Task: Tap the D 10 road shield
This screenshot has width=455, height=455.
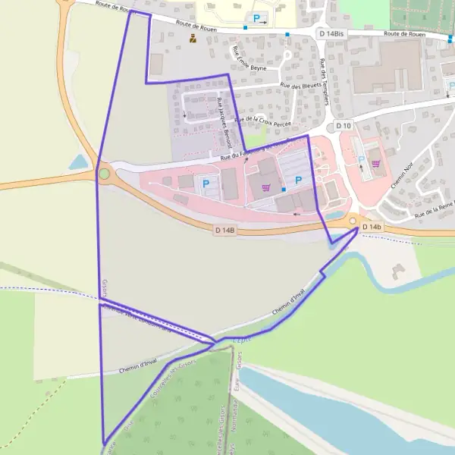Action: (344, 126)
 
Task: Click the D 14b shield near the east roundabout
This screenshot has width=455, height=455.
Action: (372, 227)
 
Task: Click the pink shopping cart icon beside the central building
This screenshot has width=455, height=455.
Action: (265, 187)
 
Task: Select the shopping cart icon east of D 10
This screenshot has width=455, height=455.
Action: (375, 162)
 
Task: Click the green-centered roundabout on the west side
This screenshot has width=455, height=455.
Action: (104, 174)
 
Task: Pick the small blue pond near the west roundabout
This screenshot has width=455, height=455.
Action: (78, 162)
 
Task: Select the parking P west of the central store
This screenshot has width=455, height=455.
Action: (205, 183)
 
